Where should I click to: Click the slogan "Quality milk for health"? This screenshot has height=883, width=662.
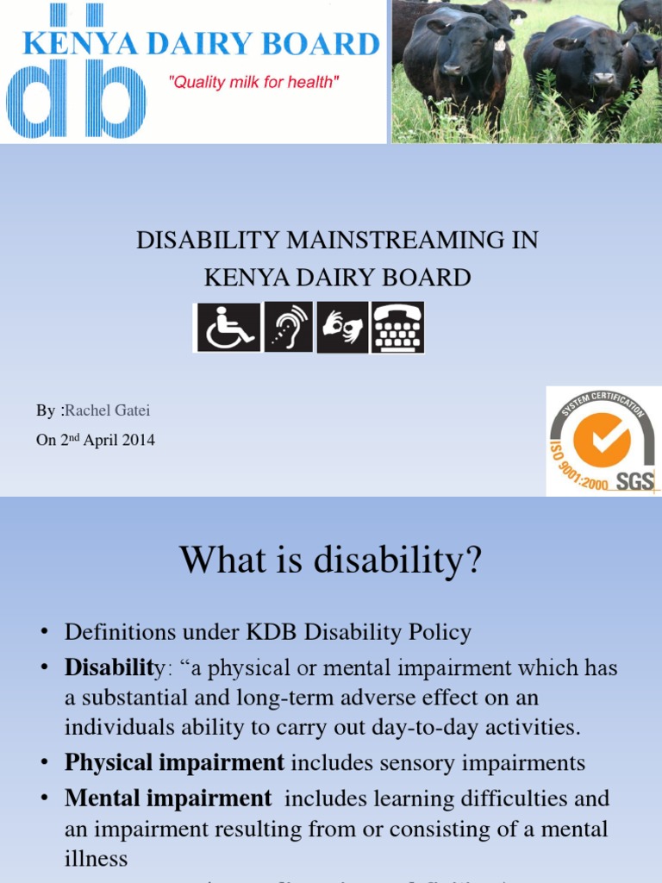[253, 83]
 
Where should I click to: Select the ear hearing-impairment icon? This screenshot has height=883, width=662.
[288, 327]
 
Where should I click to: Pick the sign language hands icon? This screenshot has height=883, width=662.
[342, 327]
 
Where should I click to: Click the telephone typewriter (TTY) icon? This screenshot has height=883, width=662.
[397, 327]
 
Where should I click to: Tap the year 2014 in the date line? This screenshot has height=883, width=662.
[138, 440]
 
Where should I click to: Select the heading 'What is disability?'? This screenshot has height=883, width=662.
[331, 562]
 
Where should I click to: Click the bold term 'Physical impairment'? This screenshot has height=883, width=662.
[174, 762]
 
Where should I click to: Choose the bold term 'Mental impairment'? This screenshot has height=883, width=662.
[167, 798]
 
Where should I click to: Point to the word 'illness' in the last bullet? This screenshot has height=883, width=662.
[96, 859]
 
